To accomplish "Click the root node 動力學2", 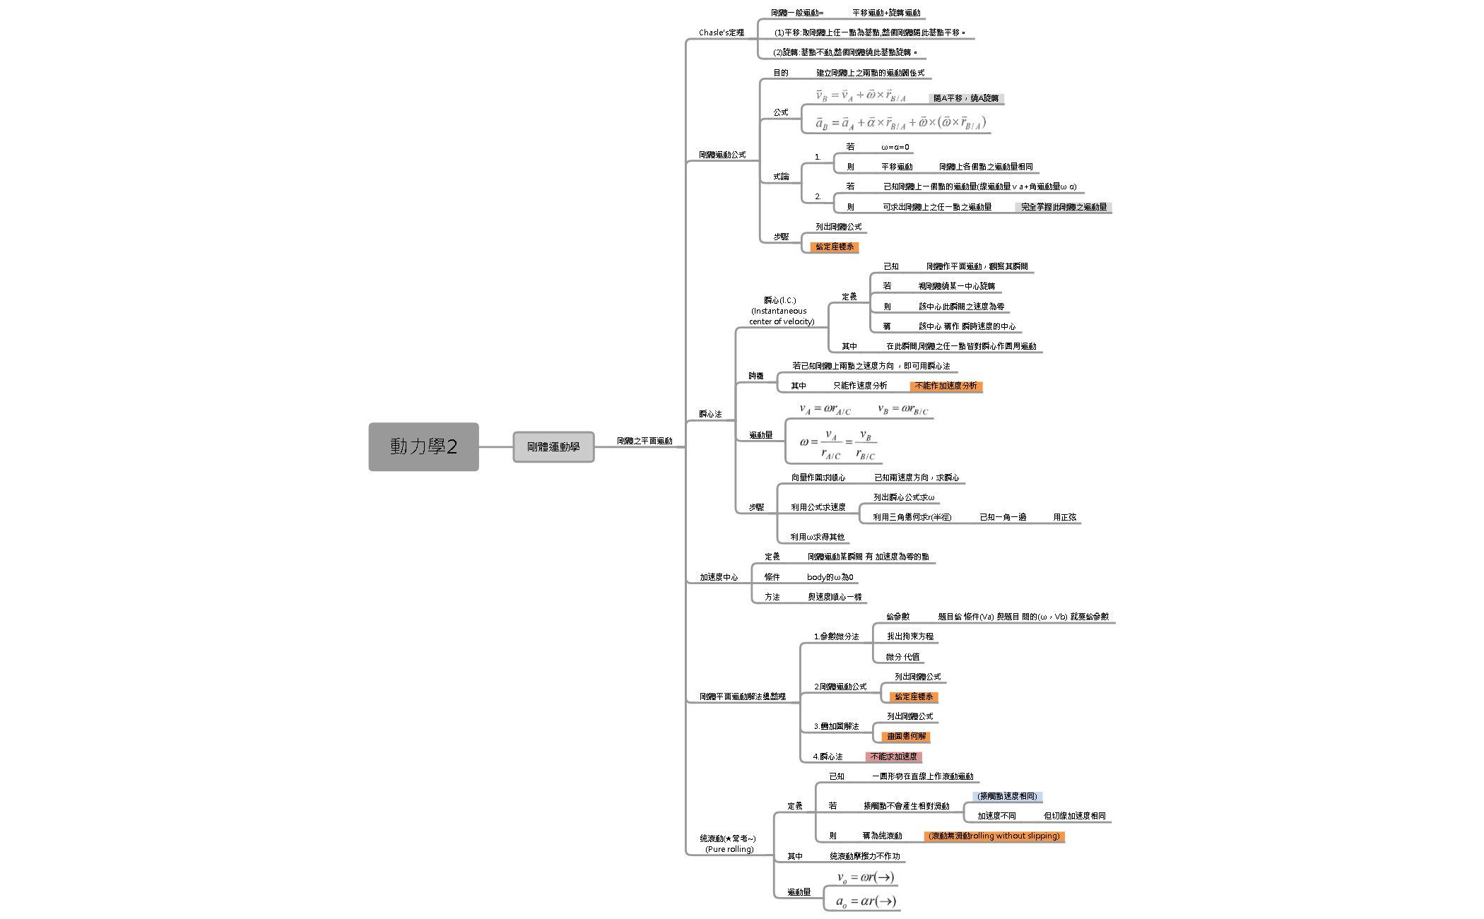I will tap(423, 446).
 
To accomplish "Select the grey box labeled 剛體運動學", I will tap(553, 447).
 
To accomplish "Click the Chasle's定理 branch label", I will tap(721, 32).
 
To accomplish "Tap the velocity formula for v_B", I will tap(860, 96).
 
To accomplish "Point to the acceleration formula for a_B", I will tap(900, 123).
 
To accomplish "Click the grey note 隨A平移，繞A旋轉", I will tap(965, 98).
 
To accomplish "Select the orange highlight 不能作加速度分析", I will tap(946, 386).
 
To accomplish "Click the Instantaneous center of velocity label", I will tap(781, 311).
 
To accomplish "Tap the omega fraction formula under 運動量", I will tap(837, 444).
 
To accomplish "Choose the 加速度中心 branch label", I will tap(719, 577).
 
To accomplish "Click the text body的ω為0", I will tap(830, 577).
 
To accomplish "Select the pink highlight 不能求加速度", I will tap(893, 757).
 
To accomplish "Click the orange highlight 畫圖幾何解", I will tap(906, 736).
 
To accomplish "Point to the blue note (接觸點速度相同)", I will tap(1007, 796).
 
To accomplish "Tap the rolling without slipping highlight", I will tap(994, 836).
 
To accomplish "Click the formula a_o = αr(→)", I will tap(866, 901).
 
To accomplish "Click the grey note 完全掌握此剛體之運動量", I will tap(1064, 207).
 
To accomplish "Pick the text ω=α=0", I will tap(895, 147).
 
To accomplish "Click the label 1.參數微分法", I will tap(836, 636).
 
